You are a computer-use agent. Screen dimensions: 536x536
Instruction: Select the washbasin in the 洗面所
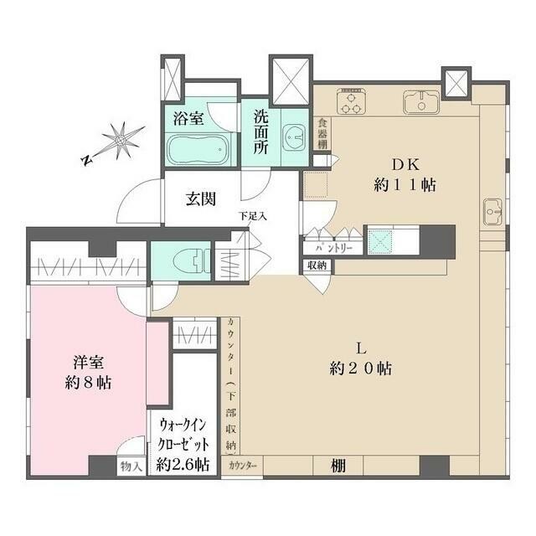click(x=294, y=136)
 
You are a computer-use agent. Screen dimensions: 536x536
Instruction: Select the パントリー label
click(x=333, y=249)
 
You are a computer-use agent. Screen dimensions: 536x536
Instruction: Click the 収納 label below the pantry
click(x=317, y=266)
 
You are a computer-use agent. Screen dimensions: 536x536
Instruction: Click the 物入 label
click(x=131, y=466)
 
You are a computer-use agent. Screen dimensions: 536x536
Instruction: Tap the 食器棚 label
click(x=322, y=134)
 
